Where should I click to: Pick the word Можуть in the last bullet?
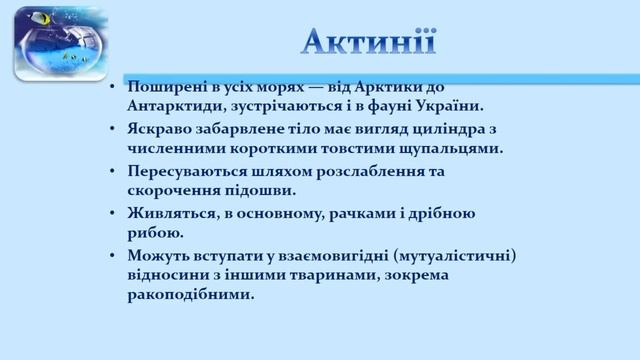click(159, 257)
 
